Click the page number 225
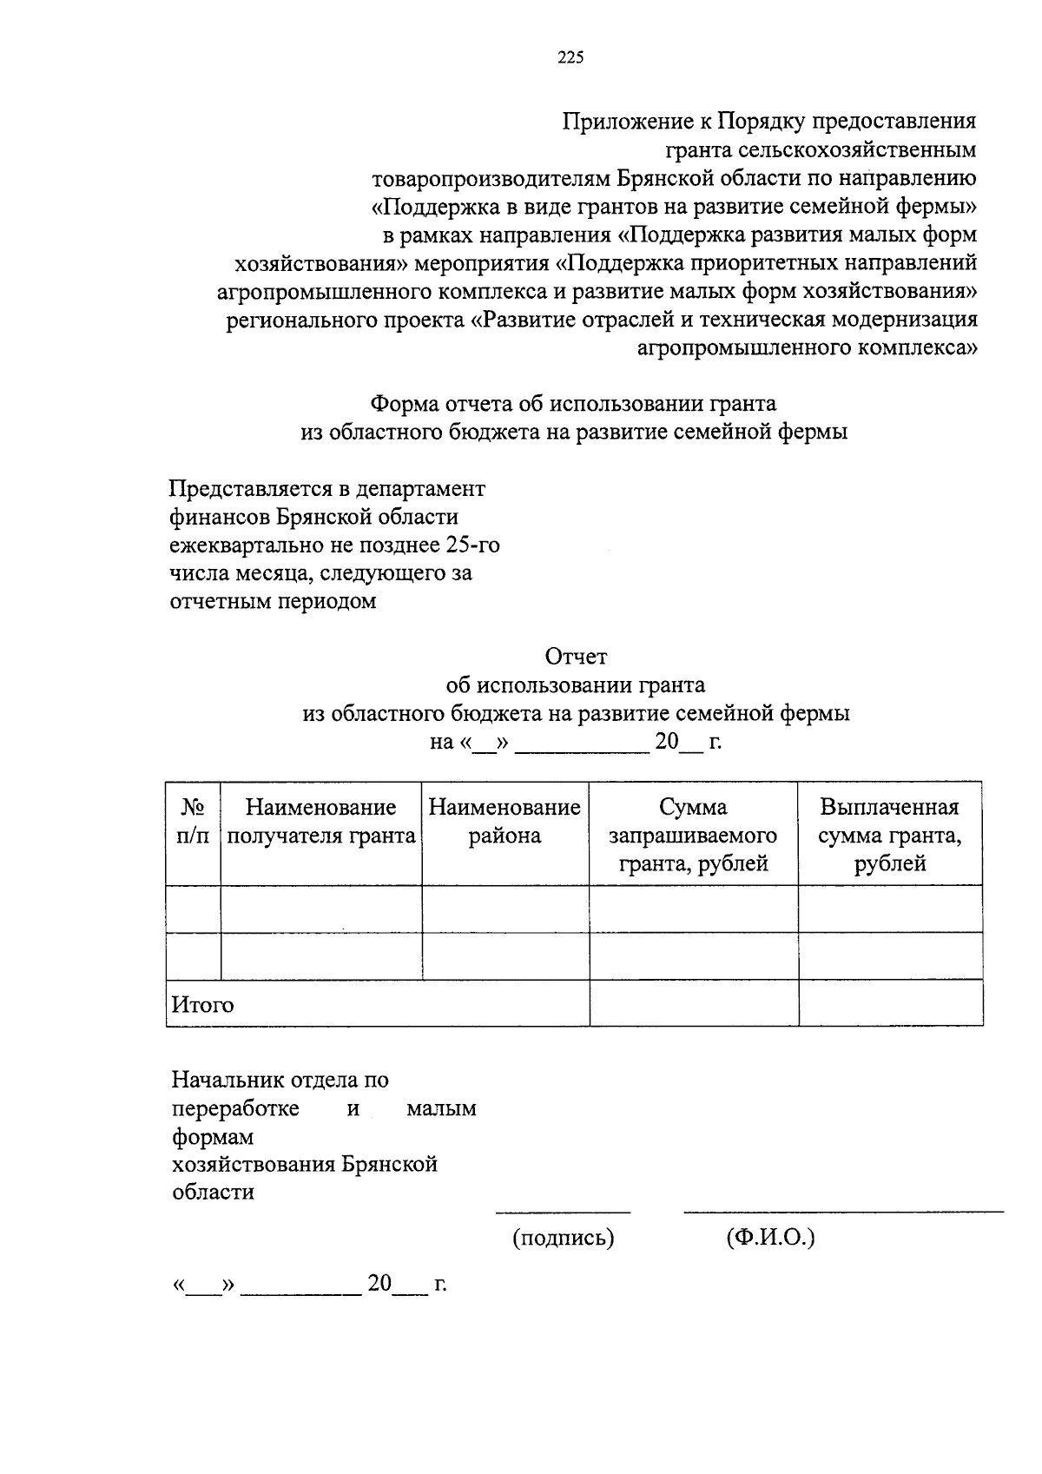pyautogui.click(x=570, y=58)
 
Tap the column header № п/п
pyautogui.click(x=193, y=822)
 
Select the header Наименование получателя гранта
pyautogui.click(x=320, y=822)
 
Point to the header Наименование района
pyautogui.click(x=505, y=822)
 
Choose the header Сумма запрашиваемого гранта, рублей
pyautogui.click(x=693, y=836)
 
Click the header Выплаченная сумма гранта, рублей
pyautogui.click(x=889, y=836)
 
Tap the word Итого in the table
pyautogui.click(x=203, y=1005)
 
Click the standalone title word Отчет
pyautogui.click(x=576, y=657)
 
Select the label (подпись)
pyautogui.click(x=563, y=1238)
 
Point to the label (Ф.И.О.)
pyautogui.click(x=770, y=1238)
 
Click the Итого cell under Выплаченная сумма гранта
pyautogui.click(x=890, y=1003)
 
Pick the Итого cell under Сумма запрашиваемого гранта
pyautogui.click(x=693, y=1003)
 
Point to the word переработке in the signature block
pyautogui.click(x=235, y=1109)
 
